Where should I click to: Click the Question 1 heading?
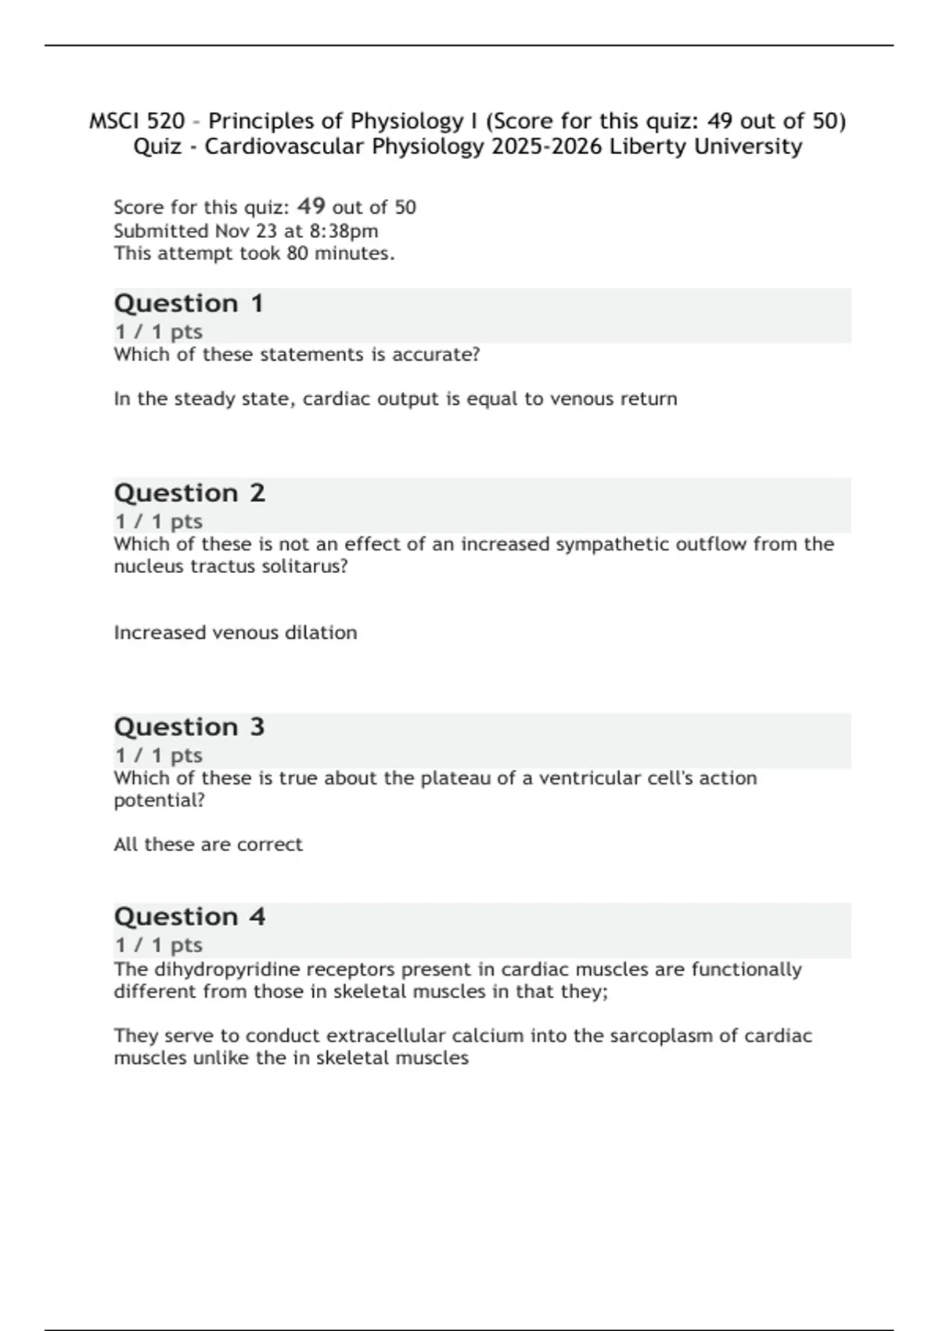189,303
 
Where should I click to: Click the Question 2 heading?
189,492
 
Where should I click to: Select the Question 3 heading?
189,727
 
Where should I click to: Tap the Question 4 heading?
189,916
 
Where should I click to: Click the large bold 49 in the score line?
311,206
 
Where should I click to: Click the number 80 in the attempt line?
297,253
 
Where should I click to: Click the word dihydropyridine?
227,969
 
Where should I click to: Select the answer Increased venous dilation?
235,633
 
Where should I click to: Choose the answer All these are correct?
207,844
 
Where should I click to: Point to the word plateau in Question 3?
452,778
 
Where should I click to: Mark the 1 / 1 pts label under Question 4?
158,945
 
